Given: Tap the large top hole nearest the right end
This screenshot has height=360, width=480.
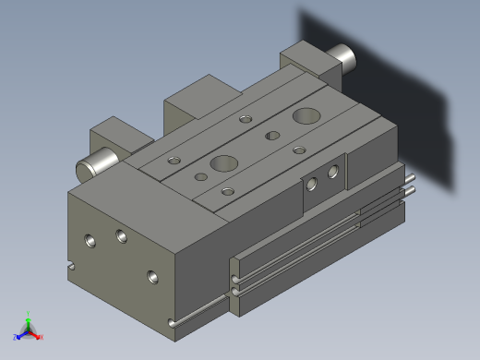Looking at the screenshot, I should tap(305, 116).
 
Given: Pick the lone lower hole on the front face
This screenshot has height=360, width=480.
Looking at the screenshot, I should tap(152, 275).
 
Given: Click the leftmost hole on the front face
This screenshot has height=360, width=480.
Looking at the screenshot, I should tap(90, 241).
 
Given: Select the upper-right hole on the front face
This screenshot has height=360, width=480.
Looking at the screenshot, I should tap(122, 234).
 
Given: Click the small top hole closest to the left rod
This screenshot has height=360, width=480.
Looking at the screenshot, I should tap(174, 161).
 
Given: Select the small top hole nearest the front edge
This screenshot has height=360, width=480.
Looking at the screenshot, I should tap(227, 191).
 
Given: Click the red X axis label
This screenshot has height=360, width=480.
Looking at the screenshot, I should tap(41, 337).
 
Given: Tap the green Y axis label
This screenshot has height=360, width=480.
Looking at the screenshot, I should tap(29, 314).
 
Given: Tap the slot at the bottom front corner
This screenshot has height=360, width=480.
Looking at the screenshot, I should tap(174, 322).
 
